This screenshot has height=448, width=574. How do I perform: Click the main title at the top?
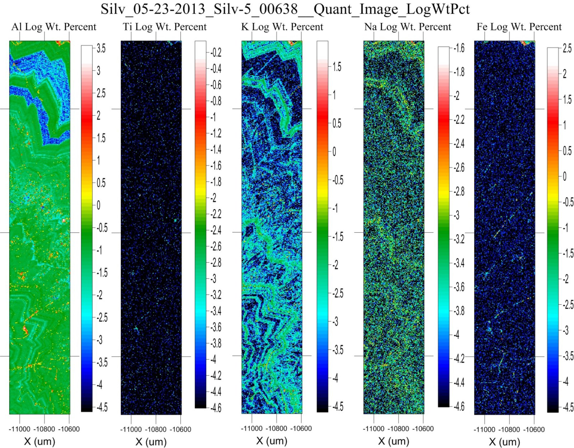point(285,9)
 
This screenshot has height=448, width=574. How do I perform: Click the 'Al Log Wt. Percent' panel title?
point(54,27)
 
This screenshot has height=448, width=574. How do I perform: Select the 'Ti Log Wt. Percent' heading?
point(165,27)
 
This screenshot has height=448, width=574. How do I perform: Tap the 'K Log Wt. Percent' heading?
point(282,27)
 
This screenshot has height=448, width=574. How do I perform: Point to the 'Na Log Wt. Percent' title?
point(408,27)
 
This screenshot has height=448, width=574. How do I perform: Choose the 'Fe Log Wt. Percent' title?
point(519,27)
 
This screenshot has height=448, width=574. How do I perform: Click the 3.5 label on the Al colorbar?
point(101,48)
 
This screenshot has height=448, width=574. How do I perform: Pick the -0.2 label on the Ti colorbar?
point(216,53)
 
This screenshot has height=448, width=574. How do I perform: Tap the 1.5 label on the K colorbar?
point(337,67)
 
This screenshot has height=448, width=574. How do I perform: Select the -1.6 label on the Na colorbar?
point(459,48)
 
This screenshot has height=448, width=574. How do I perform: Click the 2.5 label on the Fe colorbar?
point(567,48)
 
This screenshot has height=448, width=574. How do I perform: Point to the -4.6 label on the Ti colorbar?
point(216,408)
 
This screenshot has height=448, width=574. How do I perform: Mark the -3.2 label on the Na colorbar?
point(459,239)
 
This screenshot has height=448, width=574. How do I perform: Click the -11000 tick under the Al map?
point(19,429)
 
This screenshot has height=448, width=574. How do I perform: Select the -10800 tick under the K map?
point(277,428)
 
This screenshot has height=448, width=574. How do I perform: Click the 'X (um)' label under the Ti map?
point(151,442)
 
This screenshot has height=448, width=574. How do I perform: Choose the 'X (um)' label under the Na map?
point(394,441)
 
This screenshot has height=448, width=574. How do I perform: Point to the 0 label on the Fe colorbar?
point(564,176)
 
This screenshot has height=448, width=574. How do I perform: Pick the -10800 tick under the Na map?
point(399,429)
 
